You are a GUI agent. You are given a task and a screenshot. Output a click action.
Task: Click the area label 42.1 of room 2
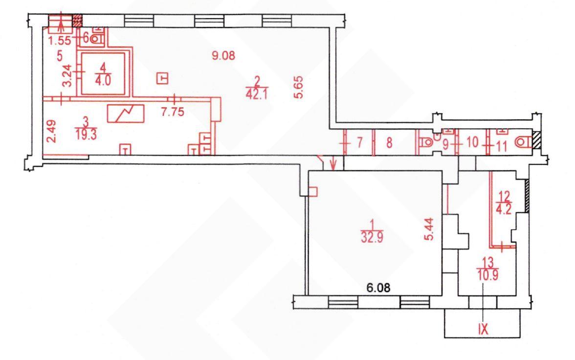click(257, 94)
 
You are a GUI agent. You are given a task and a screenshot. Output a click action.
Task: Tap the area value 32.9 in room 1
click(372, 237)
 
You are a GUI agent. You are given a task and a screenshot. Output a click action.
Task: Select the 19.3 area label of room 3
click(86, 135)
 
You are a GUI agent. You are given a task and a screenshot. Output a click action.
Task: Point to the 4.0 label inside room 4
click(103, 80)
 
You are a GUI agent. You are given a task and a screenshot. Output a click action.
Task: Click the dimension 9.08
click(223, 55)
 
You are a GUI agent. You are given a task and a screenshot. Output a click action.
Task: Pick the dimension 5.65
click(298, 87)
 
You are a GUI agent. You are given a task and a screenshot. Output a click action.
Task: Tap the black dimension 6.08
click(378, 287)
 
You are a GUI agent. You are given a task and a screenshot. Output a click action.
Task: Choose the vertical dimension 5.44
click(429, 229)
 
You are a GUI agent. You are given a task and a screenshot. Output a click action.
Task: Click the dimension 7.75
click(173, 112)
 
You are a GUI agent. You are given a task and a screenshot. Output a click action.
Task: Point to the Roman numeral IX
click(483, 329)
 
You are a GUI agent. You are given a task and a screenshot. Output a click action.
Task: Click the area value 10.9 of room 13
click(488, 275)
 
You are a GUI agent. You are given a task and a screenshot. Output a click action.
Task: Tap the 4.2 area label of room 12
click(504, 209)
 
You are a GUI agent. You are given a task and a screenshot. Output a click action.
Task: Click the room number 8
click(389, 142)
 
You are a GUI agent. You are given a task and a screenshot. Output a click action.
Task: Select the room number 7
click(360, 142)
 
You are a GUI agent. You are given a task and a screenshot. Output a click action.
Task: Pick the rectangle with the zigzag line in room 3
click(125, 113)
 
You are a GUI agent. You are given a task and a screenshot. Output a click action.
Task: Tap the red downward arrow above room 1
click(333, 164)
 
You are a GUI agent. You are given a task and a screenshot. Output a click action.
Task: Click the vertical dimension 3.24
click(67, 75)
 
